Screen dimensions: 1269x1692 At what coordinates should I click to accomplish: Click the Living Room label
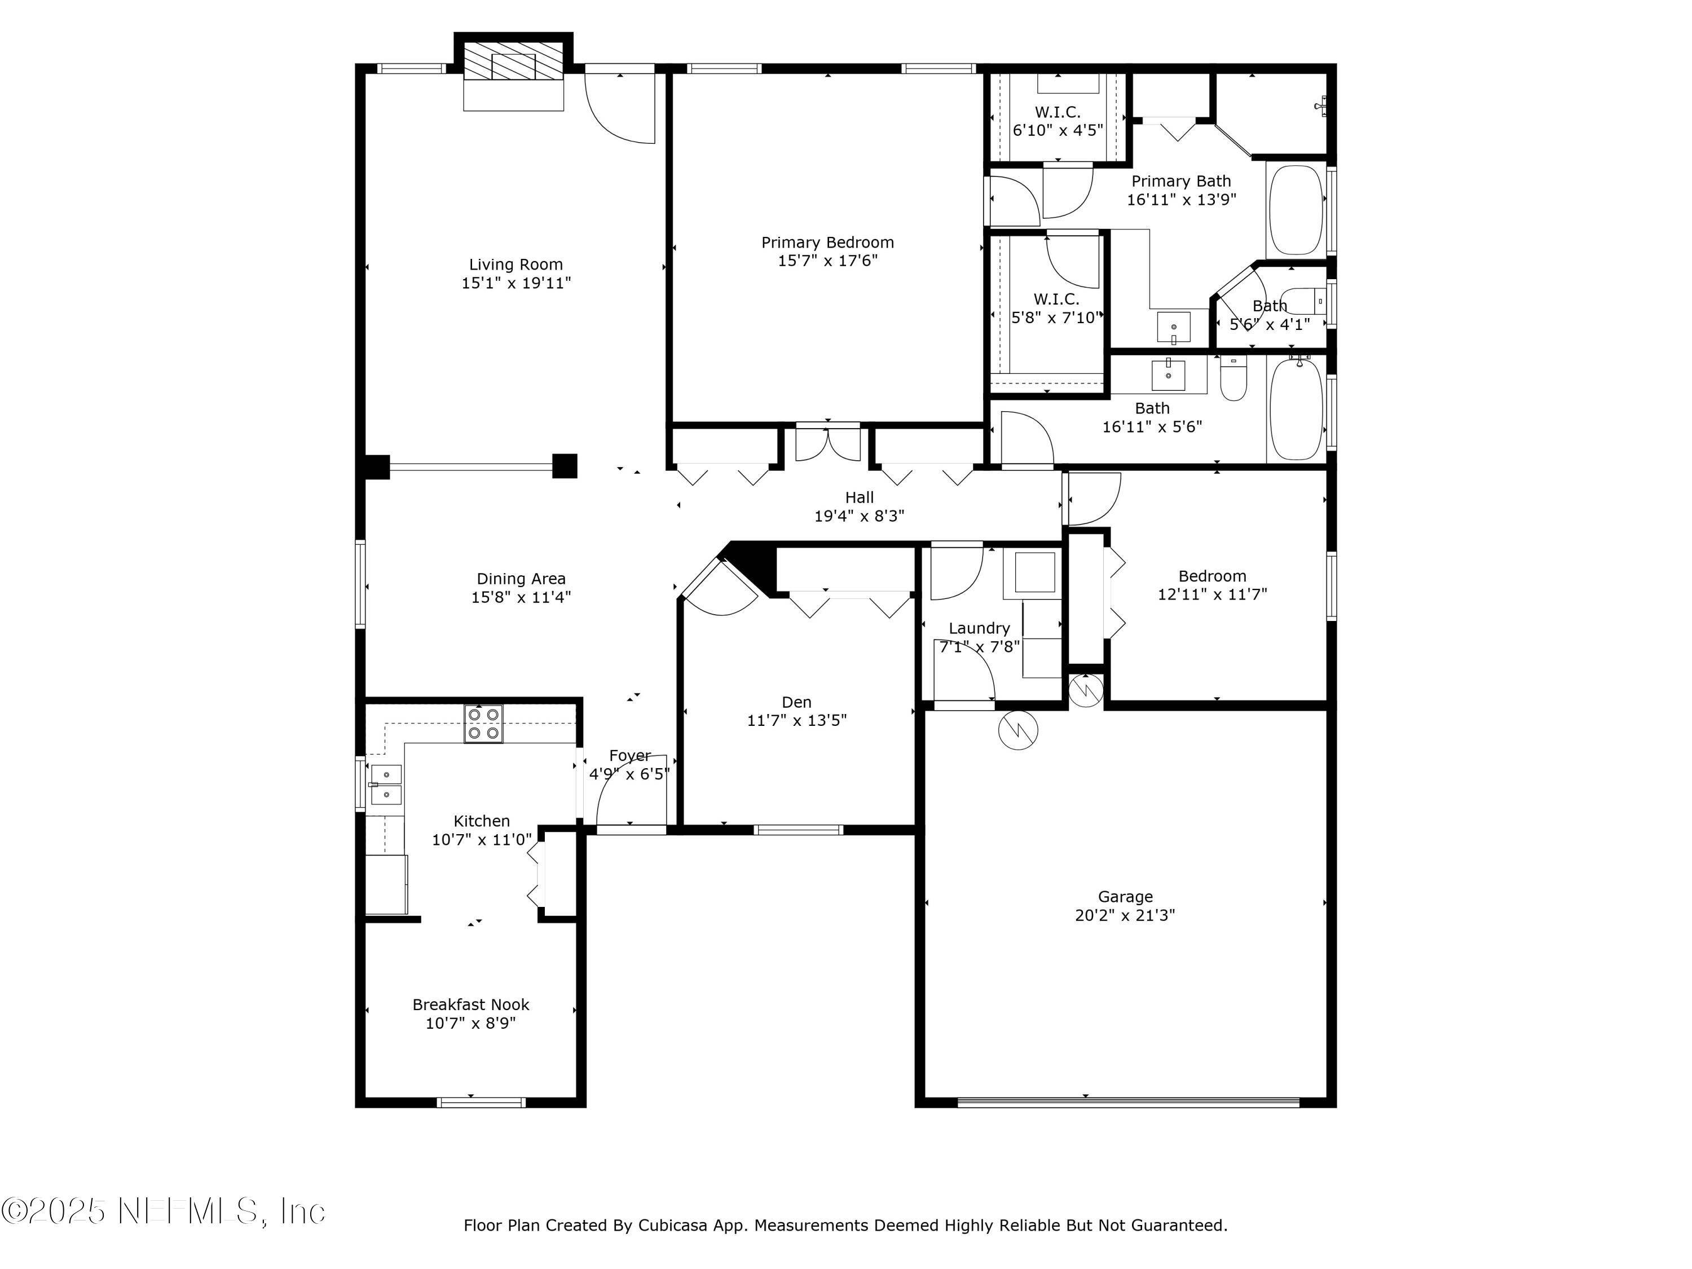[x=515, y=265]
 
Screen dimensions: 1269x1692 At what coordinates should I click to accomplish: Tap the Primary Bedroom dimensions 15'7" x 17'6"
[x=827, y=261]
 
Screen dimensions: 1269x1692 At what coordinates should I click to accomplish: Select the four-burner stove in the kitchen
[x=483, y=723]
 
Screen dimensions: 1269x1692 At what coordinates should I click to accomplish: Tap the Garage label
[x=1125, y=897]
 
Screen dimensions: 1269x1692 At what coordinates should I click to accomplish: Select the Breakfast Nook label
[x=470, y=1004]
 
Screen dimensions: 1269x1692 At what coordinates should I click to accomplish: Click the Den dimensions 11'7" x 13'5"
[x=796, y=721]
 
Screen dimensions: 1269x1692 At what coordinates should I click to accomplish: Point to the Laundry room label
[x=979, y=628]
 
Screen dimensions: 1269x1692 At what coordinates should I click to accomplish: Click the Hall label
[x=859, y=497]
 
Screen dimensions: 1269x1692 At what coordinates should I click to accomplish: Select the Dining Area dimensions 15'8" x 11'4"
[x=521, y=597]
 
